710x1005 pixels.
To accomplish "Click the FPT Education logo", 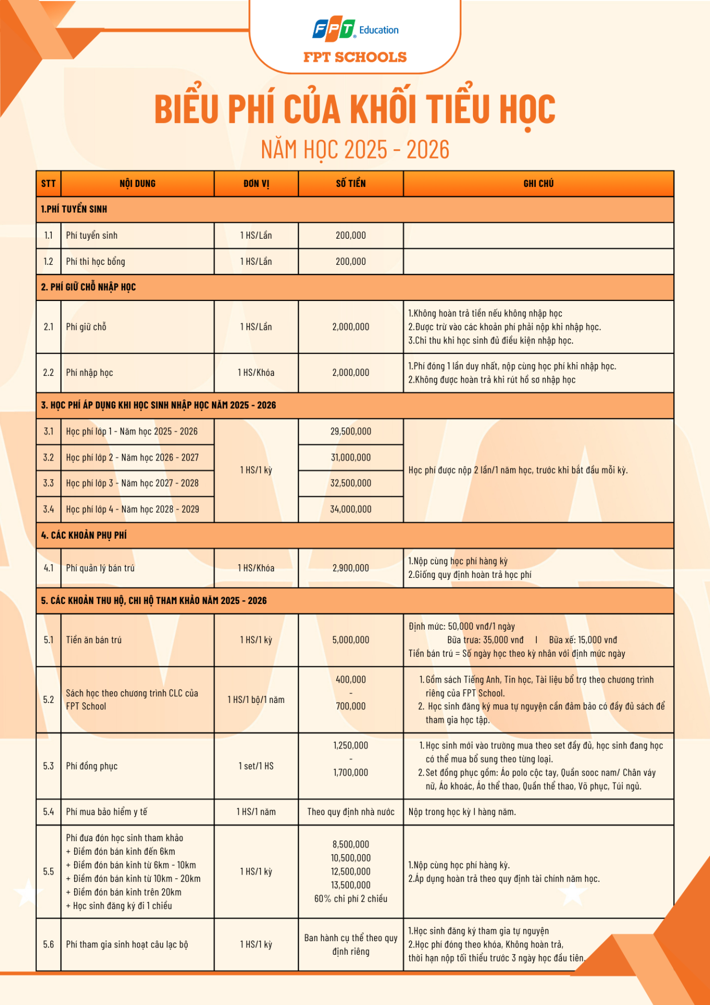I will pos(355,30).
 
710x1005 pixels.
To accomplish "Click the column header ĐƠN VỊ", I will pos(256,184).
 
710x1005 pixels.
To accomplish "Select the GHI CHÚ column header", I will pos(538,184).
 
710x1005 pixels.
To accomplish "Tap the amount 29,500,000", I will pos(351,431).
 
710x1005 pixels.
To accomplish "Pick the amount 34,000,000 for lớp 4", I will pos(351,509).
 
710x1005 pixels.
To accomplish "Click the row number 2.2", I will pos(49,373).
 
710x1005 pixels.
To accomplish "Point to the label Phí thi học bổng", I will pos(95,262).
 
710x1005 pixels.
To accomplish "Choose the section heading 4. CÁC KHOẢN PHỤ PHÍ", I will pos(84,535).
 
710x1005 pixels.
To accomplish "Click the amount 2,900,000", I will pos(351,568).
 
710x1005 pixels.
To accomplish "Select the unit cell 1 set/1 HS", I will pos(256,766).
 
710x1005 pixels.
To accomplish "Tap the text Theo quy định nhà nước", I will pos(351,812).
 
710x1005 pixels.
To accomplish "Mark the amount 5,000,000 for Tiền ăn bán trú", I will pos(351,640).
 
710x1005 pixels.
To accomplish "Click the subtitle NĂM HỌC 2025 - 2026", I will pos(355,150).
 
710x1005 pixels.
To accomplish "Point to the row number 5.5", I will pos(49,872).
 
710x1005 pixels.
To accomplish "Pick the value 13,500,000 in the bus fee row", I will pos(351,885).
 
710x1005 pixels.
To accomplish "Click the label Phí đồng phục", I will pos(92,766).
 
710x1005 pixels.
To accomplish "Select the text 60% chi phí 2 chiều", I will pos(351,899).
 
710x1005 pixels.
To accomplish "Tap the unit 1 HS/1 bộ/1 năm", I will pos(256,700).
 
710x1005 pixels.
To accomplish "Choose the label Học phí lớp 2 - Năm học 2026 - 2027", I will pos(132,457).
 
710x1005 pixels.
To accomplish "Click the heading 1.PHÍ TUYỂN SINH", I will pos(74,209).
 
